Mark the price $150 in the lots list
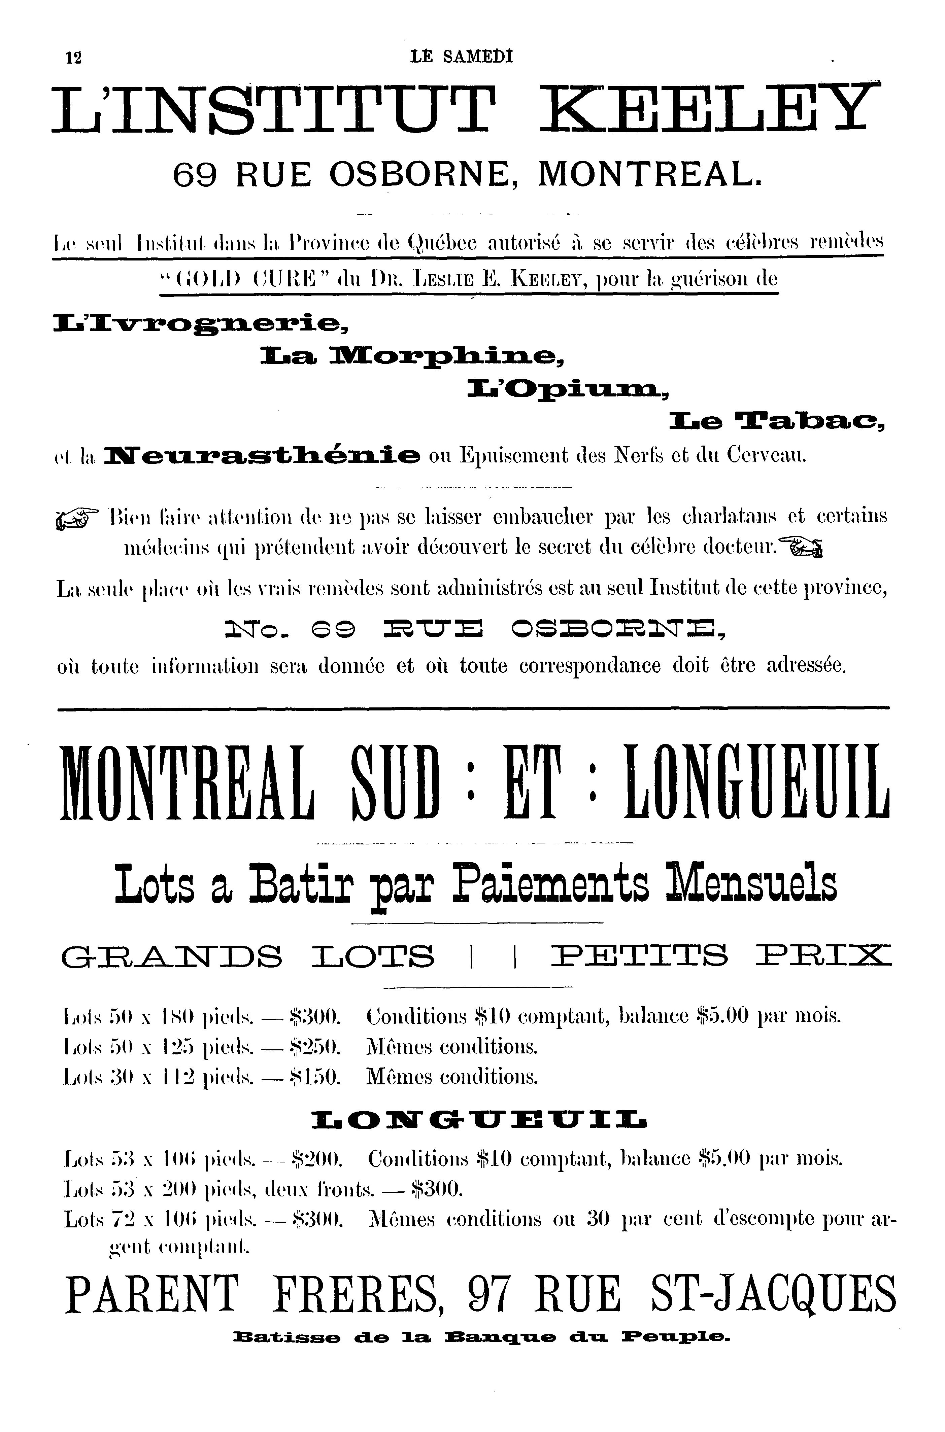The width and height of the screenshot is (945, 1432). coord(316,1077)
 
